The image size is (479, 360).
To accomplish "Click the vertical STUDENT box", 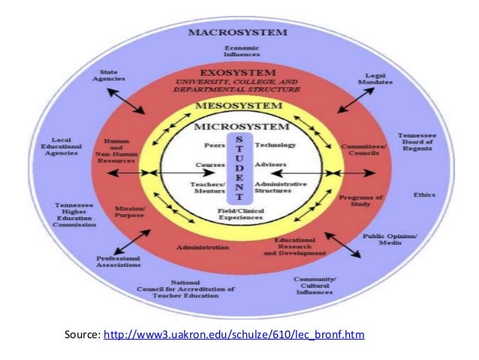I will [237, 168].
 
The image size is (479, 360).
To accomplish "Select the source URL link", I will [233, 334].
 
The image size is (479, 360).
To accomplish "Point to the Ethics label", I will [423, 195].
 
